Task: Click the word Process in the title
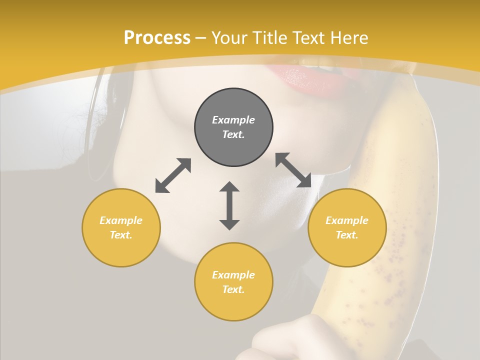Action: [157, 38]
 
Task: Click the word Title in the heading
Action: [268, 38]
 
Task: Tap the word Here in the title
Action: [348, 38]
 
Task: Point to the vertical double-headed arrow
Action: [229, 205]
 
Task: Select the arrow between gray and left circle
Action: [173, 175]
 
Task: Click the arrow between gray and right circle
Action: [293, 170]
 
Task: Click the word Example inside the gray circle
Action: [233, 120]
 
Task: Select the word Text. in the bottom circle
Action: [233, 289]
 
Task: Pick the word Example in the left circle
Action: [121, 220]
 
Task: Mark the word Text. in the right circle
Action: [347, 235]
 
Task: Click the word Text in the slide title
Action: [308, 38]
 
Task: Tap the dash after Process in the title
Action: [200, 38]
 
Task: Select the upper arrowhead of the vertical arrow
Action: [229, 187]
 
